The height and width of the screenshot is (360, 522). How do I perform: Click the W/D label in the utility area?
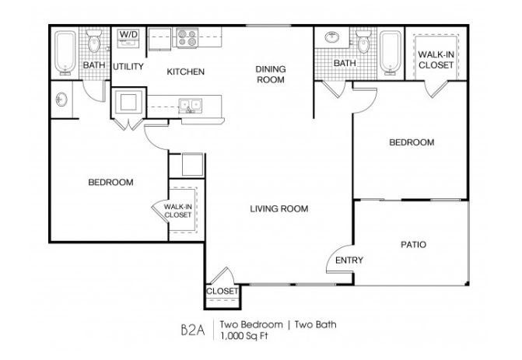pos(127,36)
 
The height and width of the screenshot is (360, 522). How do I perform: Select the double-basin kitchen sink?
pos(188,103)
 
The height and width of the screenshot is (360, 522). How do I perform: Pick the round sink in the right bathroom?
pos(332,37)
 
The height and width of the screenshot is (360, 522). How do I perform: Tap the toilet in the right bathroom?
pos(362,41)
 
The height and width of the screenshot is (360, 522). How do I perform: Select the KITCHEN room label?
pos(185,72)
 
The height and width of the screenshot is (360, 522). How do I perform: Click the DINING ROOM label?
pos(271,74)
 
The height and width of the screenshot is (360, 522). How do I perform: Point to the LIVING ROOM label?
pos(279,208)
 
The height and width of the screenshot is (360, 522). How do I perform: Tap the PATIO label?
pos(413,244)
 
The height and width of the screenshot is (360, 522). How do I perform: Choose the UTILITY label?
pos(128,67)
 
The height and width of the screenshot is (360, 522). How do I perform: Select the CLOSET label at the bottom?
pos(222,292)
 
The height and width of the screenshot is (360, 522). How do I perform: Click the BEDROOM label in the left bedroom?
pos(110,183)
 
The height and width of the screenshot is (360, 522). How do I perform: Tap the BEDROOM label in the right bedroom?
pos(411,143)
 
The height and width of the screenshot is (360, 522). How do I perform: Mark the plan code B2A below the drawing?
pos(189,327)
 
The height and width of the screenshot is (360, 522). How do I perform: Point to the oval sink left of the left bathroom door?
pos(61,99)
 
